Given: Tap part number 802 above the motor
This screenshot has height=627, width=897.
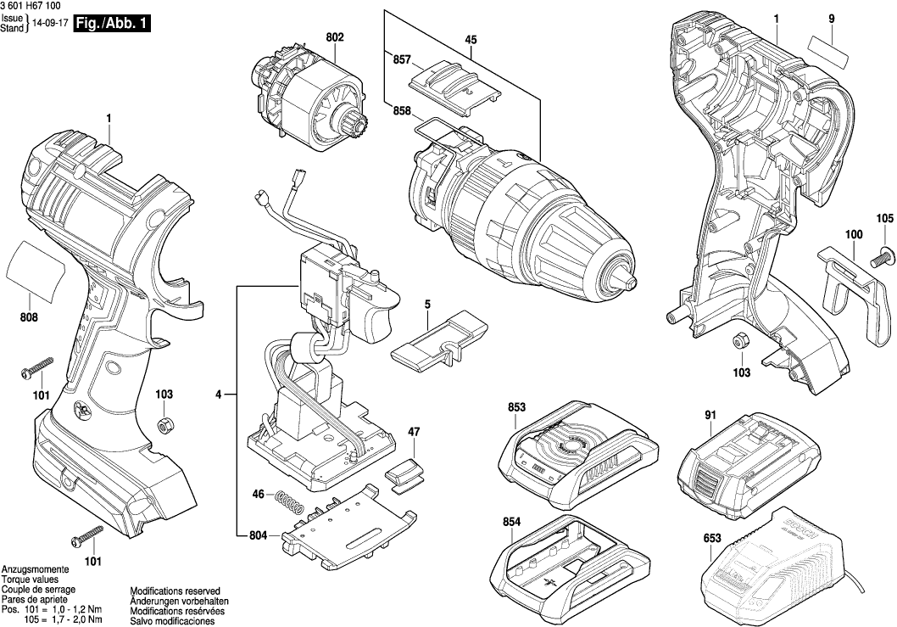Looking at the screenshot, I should [x=334, y=37].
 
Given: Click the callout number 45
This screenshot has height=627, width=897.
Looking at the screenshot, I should [x=471, y=39].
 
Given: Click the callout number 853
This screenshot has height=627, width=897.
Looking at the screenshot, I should [x=516, y=408].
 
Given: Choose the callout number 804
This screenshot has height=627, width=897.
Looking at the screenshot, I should [x=259, y=535].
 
